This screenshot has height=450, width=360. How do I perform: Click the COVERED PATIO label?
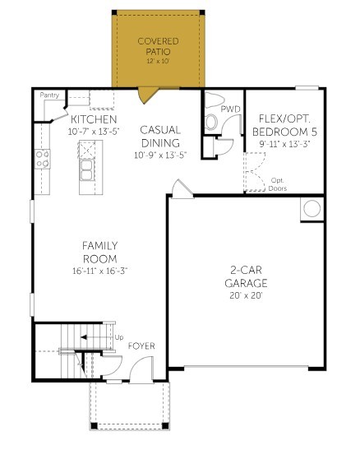click(157, 46)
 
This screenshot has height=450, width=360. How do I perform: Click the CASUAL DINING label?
click(160, 136)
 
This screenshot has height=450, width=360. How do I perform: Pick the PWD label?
click(233, 107)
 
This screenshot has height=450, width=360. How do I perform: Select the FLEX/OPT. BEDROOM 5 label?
click(284, 125)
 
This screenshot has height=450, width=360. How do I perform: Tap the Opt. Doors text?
click(278, 183)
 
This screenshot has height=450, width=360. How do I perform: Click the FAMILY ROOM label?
click(99, 252)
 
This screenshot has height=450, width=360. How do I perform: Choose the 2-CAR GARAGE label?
click(245, 276)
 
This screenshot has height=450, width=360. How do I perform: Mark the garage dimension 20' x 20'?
click(245, 295)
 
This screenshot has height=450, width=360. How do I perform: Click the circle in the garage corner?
click(312, 209)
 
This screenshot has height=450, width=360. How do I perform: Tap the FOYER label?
click(141, 346)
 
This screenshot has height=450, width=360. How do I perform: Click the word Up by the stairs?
click(119, 337)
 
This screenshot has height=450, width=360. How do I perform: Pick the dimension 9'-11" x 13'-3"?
click(284, 145)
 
